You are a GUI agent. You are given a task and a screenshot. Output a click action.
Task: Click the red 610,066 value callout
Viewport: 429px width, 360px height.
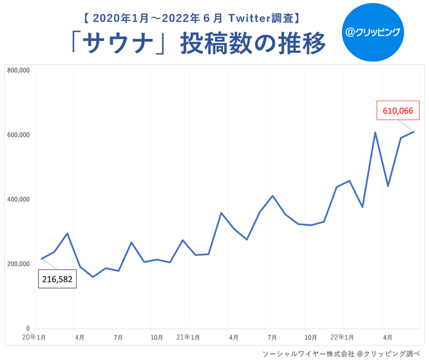point(398,111)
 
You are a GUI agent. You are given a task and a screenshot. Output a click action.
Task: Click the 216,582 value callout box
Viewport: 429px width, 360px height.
point(58,280)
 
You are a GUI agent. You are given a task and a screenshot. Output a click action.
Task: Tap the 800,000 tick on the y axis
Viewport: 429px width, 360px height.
point(18,71)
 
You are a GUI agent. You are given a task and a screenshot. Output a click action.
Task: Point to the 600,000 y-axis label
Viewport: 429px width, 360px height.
point(18,135)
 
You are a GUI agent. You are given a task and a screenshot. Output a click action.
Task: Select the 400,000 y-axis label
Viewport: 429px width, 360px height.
point(18,199)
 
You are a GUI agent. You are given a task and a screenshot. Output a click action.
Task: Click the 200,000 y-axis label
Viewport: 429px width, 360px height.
point(18,264)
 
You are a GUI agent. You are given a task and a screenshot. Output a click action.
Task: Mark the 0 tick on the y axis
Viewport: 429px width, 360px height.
point(28,329)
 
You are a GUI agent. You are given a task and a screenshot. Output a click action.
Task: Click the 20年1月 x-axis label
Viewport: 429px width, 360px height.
point(34,338)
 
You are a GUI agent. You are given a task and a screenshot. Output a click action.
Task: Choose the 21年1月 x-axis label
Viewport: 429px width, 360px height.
point(188,338)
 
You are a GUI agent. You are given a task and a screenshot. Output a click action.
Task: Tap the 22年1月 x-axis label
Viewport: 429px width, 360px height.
point(342,338)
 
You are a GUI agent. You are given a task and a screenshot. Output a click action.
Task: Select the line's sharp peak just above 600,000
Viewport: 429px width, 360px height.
point(375,132)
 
